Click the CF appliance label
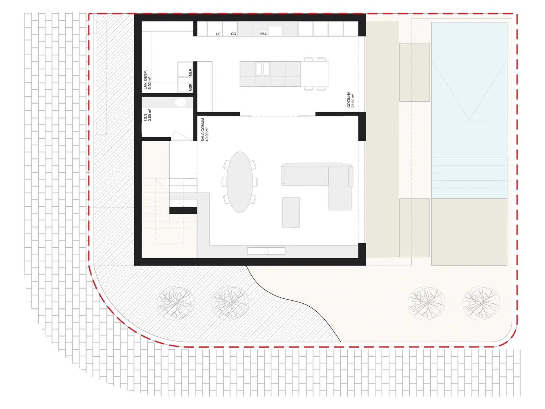(x=218, y=34)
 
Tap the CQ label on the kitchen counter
(x=234, y=34)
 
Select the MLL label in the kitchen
(x=264, y=34)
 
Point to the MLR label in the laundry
(x=190, y=72)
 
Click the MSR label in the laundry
(x=190, y=87)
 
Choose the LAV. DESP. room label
(x=145, y=80)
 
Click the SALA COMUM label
(x=203, y=130)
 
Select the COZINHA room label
(x=349, y=100)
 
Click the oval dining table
(x=240, y=182)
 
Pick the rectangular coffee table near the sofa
(x=291, y=212)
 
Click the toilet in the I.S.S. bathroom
(x=181, y=102)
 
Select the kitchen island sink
(x=262, y=69)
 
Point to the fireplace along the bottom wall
(x=266, y=251)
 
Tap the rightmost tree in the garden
(x=481, y=303)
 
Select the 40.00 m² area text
(x=207, y=134)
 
